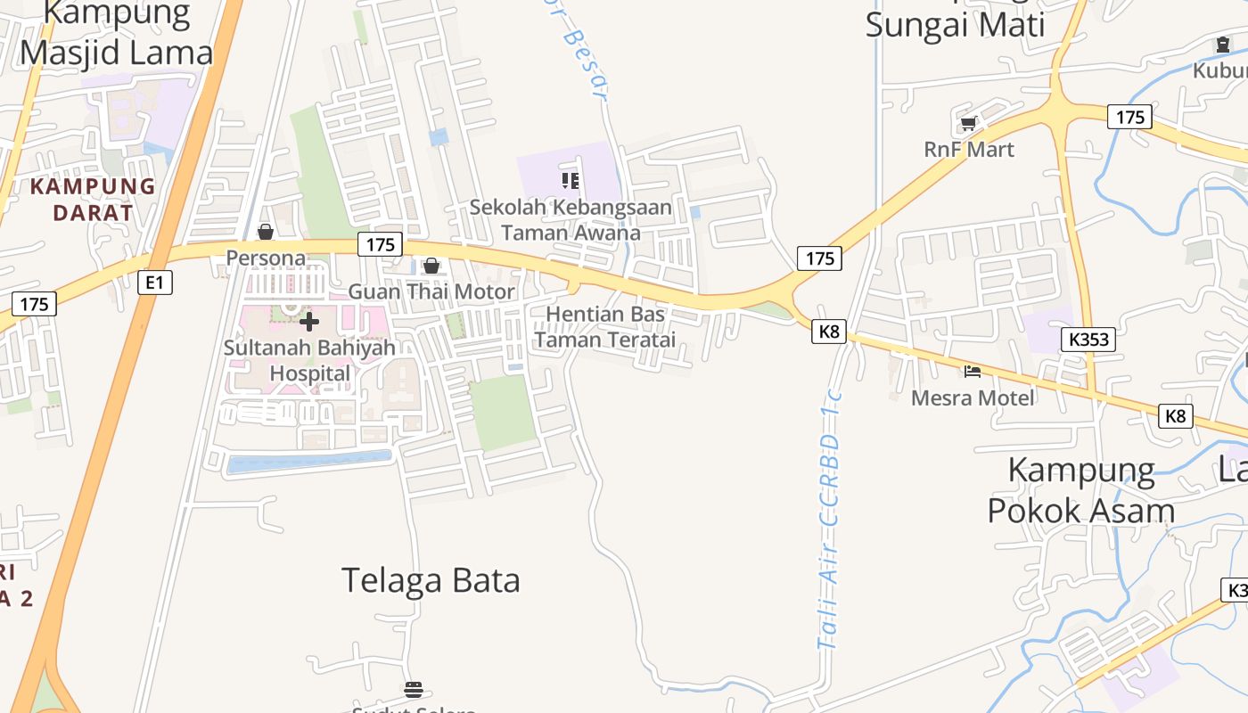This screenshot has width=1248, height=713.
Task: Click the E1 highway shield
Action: point(155,283)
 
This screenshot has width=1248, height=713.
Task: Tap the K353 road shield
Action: point(1088,339)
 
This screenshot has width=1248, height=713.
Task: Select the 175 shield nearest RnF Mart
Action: point(1129,117)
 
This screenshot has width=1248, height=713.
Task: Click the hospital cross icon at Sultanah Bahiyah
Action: point(309,321)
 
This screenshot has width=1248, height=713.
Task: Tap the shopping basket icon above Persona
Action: point(265,233)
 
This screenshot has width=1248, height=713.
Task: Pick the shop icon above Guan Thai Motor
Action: point(431,266)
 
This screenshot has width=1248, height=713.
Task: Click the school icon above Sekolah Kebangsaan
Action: point(571,182)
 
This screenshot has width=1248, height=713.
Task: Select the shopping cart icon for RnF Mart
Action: point(968,124)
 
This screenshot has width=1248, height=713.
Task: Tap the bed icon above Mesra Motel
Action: point(973,371)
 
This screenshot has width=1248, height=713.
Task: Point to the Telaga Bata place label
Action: point(431,580)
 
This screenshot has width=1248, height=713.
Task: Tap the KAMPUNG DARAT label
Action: point(93,200)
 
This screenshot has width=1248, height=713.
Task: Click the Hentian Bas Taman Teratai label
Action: point(605,326)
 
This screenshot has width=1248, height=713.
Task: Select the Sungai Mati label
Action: point(955,24)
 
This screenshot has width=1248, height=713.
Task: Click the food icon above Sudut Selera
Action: point(413,689)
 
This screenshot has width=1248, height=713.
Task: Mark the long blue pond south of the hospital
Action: point(309,461)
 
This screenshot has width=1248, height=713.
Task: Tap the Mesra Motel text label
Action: point(973,397)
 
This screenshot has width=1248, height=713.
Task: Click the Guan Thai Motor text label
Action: point(431,291)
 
